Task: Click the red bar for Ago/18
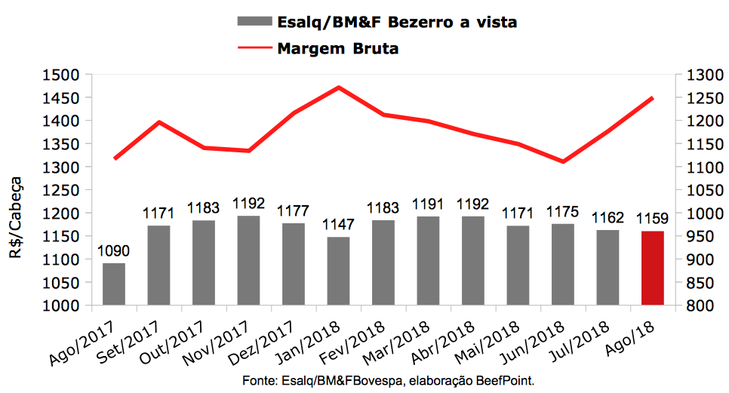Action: (652, 268)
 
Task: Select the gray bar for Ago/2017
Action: (114, 284)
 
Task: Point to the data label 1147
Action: (338, 226)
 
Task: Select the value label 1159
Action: (652, 220)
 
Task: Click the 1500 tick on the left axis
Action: (64, 75)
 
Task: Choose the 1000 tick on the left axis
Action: (64, 305)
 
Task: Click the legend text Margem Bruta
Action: (337, 49)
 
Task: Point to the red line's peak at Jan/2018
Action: (338, 88)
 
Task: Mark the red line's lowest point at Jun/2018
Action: (562, 161)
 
